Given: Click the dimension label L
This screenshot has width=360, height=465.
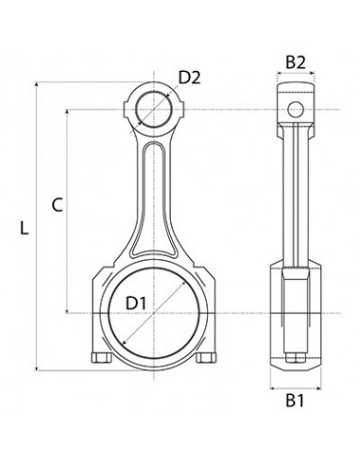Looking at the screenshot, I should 24,227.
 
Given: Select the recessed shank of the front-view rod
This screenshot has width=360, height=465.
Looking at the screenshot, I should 151,198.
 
